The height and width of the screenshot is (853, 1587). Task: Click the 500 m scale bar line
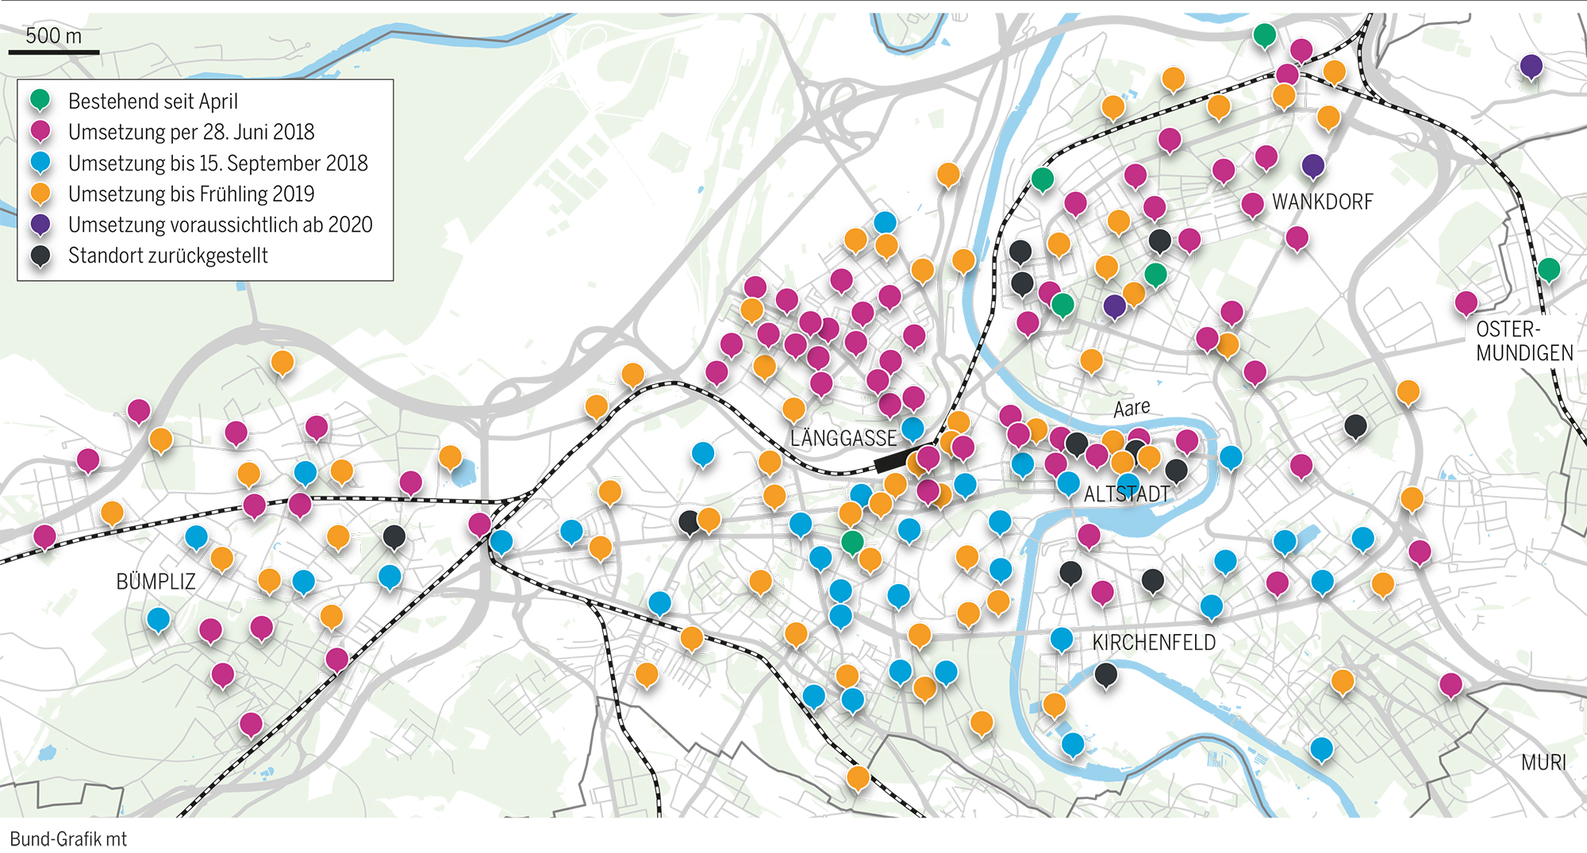point(54,52)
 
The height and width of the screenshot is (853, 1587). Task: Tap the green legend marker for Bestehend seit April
point(40,100)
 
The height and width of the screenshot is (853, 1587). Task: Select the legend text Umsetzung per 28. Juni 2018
point(191,132)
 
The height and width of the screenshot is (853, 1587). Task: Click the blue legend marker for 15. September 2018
point(40,162)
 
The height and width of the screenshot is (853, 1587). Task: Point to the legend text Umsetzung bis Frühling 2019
point(191,194)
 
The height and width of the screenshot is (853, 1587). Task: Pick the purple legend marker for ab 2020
point(40,224)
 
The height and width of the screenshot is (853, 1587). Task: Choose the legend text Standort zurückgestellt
point(168,256)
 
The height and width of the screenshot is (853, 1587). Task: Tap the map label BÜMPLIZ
point(156,582)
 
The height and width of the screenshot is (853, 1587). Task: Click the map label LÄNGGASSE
point(843,438)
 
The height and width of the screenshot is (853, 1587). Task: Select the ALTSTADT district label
point(1127,494)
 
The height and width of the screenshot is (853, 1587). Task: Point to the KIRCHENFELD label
point(1154,643)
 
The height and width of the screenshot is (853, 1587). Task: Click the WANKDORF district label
point(1322,202)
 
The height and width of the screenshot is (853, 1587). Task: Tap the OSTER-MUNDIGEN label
point(1524,341)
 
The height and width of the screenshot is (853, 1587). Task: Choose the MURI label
point(1543,763)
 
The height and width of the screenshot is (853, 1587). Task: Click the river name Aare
point(1132,408)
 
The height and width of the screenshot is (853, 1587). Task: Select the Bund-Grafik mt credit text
point(68,839)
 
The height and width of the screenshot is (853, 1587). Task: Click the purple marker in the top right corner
point(1531,66)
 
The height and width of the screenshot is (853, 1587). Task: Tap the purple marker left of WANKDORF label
point(1312,165)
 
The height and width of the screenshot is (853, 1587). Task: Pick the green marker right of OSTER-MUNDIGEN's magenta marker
point(1548,269)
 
